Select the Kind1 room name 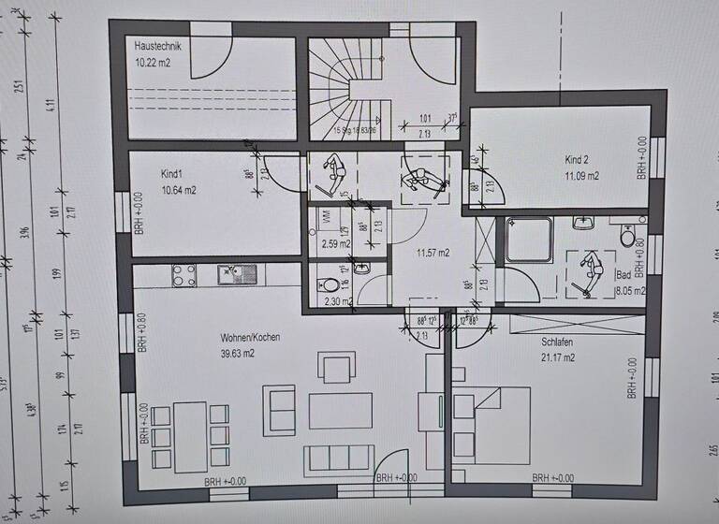point(146,175)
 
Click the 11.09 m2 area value point(581,175)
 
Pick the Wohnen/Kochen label point(250,337)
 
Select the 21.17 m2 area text point(557,357)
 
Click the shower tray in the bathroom point(530,241)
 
